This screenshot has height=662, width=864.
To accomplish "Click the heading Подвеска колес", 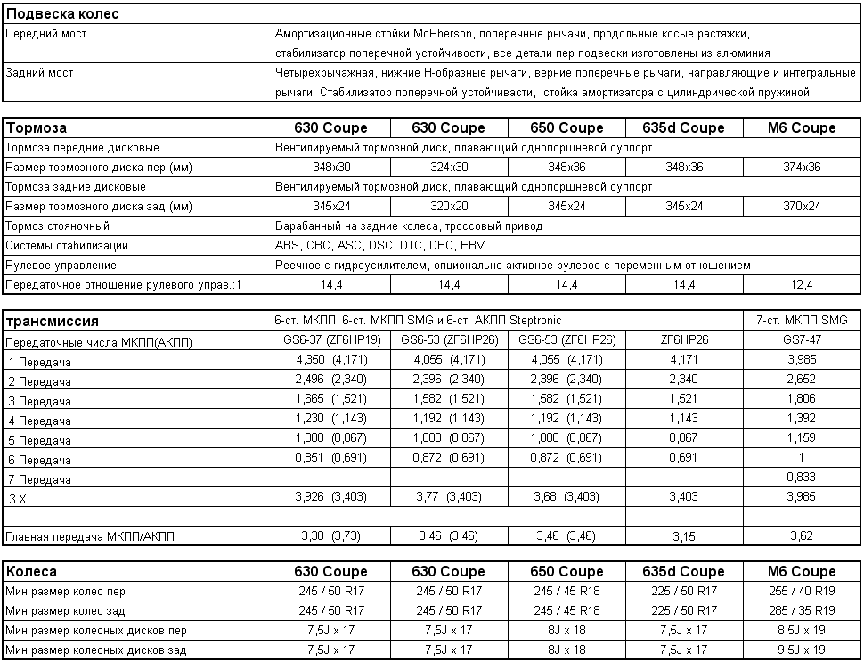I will (62, 13).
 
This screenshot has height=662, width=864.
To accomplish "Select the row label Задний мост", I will (40, 73).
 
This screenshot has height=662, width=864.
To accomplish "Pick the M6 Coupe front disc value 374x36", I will (801, 167).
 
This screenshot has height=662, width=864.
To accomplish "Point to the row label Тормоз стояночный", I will (57, 225).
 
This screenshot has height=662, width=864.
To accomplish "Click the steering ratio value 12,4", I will (801, 284).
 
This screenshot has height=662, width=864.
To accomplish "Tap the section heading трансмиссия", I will (53, 321).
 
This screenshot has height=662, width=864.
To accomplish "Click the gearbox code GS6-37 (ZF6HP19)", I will (331, 341).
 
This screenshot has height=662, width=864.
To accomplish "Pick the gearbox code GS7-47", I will (801, 341).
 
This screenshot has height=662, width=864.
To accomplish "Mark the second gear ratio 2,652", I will (801, 380).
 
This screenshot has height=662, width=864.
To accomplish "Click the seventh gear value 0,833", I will (801, 478).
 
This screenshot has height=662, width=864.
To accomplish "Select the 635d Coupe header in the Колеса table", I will (684, 571).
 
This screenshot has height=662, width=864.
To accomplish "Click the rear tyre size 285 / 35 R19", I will (801, 610).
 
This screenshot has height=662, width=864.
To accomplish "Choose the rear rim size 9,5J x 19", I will (801, 650).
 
